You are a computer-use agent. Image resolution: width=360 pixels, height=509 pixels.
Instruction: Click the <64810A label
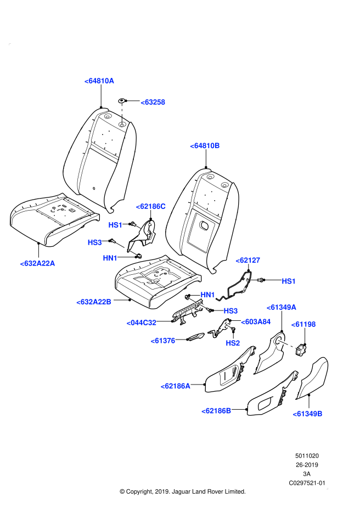[x=99, y=81]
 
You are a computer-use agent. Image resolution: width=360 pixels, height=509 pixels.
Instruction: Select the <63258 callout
[x=153, y=102]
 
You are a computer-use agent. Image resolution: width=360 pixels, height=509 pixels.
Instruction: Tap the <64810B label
[x=205, y=145]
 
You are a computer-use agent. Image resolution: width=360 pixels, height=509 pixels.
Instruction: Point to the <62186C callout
[x=150, y=206]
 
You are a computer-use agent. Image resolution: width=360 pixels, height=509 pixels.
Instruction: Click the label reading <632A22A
[x=37, y=263]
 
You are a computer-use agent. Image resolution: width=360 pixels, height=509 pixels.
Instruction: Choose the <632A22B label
[x=94, y=302]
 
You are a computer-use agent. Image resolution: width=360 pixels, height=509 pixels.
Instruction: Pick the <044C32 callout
[x=141, y=323]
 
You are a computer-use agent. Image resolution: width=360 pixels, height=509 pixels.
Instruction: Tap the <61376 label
[x=163, y=341]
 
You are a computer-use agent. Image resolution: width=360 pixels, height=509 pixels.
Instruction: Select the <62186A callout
[x=175, y=386]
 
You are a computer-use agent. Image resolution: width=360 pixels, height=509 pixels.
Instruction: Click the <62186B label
[x=216, y=411]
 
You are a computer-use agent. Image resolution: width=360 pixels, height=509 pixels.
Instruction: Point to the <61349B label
[x=307, y=414]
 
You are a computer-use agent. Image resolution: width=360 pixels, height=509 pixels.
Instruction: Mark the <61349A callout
[x=281, y=307]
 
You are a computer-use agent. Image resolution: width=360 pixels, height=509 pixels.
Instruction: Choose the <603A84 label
[x=256, y=321]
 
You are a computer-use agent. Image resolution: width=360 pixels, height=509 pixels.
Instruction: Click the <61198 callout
[x=303, y=324]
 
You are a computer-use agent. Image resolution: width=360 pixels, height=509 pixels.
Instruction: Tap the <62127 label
[x=248, y=260]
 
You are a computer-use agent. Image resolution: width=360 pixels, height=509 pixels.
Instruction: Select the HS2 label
[x=233, y=343]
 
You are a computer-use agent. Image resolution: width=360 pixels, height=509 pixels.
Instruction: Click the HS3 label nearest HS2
[x=230, y=311]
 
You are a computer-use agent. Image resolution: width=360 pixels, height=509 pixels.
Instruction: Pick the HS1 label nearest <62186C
[x=115, y=225]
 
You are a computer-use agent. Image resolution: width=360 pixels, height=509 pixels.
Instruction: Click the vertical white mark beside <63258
[x=122, y=114]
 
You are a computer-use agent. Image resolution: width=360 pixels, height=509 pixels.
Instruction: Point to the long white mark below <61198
[x=287, y=344]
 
